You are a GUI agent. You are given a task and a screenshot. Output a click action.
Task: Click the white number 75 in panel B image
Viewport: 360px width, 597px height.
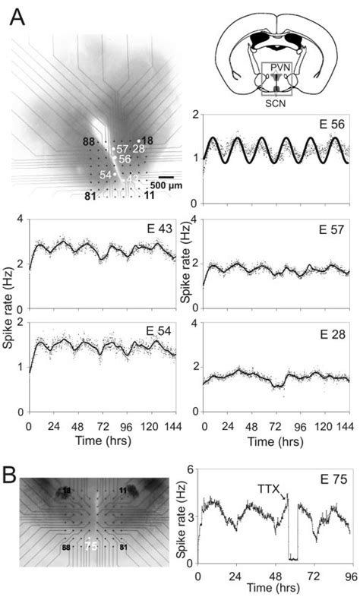pyautogui.click(x=91, y=545)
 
